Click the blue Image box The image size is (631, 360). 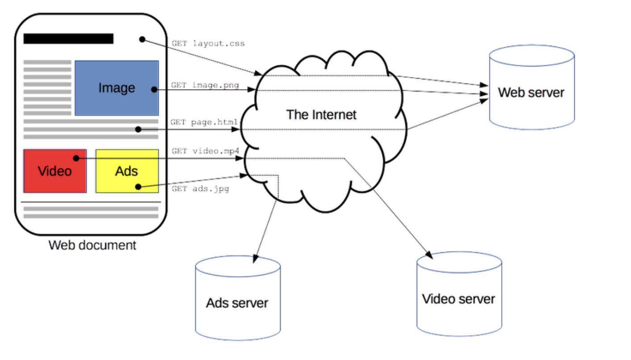117,88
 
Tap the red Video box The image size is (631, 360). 55,171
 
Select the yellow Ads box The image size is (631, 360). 127,171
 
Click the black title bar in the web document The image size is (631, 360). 68,38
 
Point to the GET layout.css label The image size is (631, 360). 208,44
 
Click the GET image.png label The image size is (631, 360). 205,85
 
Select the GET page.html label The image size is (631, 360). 204,122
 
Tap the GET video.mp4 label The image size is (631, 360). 206,151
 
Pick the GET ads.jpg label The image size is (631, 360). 200,188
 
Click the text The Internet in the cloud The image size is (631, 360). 321,115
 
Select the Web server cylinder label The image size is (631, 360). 531,92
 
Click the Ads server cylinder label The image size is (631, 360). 237,303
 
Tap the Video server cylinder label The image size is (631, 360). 459,299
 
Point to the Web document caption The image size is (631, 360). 92,245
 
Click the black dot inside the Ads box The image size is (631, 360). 138,187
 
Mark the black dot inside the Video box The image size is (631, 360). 76,158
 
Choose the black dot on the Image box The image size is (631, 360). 154,89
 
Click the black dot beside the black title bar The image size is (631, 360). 142,39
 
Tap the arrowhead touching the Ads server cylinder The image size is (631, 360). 255,259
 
